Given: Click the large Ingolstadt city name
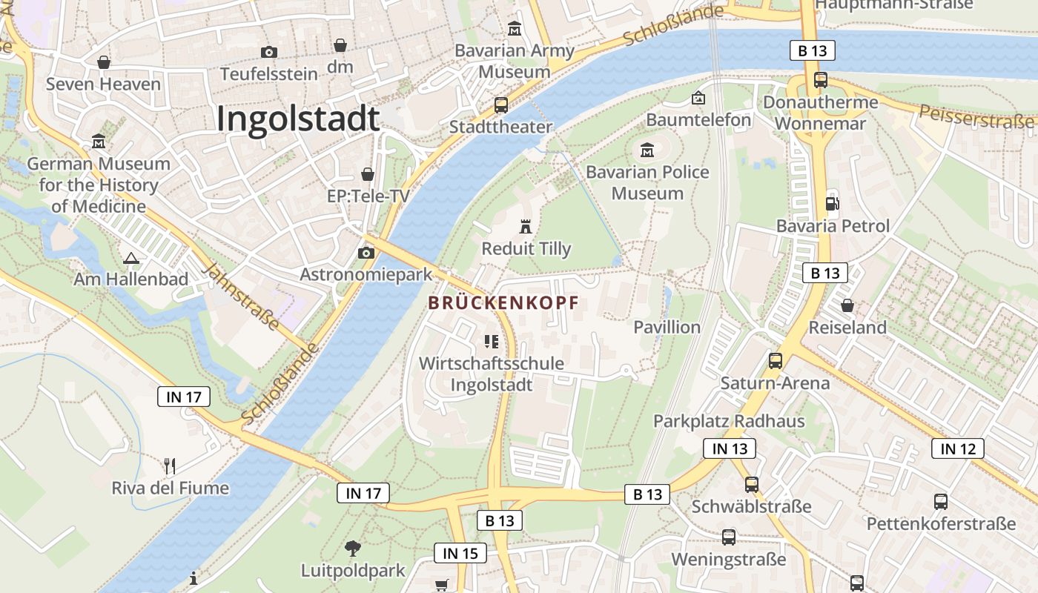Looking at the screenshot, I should pos(298,119).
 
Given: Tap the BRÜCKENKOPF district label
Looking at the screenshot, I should pos(503,303).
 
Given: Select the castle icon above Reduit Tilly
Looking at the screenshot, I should pos(526,226).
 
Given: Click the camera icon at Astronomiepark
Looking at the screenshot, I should pos(366,254).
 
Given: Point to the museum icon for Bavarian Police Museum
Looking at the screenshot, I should pos(647,150).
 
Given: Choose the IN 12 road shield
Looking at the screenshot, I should pos(958,448).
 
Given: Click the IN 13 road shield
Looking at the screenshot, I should pos(730,448).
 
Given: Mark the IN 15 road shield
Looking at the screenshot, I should pos(460,553).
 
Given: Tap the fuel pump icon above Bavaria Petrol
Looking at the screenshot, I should pos(832,203).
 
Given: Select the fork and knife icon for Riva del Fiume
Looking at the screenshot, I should pos(170,466).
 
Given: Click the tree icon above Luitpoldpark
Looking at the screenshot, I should pos(353,549).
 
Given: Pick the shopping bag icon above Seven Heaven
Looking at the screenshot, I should pos(104,62).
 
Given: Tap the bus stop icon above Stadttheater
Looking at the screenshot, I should pos(501,105).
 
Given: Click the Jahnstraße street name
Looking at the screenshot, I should pos(242,296).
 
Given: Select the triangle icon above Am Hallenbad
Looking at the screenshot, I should pos(131,259).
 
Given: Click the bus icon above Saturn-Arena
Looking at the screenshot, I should pos(775,361).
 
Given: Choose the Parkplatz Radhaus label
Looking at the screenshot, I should pos(728,421).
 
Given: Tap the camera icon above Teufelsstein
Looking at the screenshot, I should pos(268,52).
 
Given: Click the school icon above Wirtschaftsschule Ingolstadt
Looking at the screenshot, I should pos(491,341).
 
